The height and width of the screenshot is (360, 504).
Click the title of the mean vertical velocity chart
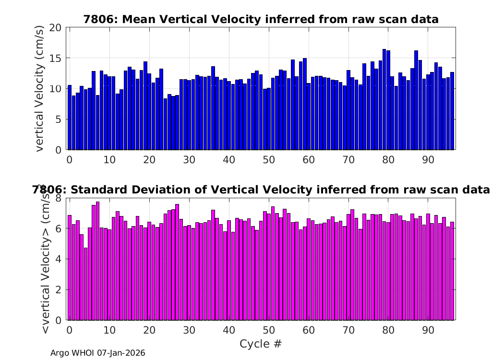261,19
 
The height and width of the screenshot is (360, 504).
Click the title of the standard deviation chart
261,190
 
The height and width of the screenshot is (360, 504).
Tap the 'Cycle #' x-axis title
261,344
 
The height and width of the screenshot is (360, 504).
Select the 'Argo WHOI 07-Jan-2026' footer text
98,353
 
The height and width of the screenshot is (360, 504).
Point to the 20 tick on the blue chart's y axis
55,28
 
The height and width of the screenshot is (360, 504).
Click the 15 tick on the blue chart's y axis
55,58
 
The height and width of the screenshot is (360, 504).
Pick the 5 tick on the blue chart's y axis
58,119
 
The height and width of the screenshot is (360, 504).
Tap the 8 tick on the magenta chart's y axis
58,198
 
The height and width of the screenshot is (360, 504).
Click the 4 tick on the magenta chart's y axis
58,259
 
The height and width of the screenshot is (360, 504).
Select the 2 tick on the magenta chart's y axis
58,289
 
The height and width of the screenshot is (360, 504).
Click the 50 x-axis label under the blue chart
269,160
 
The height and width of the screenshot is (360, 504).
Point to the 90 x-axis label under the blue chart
428,160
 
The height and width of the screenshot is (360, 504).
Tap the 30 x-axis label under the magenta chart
189,330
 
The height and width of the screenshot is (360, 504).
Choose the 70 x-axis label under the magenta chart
348,330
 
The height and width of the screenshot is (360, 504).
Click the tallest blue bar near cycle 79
384,99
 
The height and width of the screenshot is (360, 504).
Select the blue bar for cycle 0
70,118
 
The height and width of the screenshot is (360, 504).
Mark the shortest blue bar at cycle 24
165,124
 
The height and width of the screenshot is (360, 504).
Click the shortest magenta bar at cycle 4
85,284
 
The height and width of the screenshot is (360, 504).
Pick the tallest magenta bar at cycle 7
97,261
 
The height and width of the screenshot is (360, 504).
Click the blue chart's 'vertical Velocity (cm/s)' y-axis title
39,88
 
